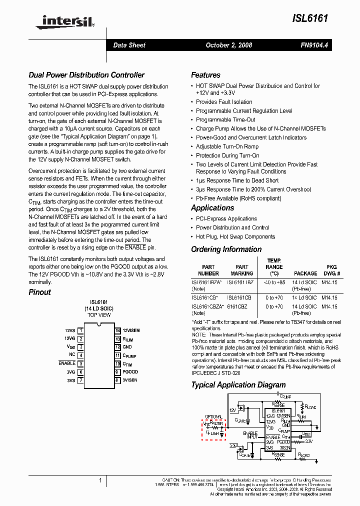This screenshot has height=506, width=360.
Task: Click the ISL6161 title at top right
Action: (x=310, y=18)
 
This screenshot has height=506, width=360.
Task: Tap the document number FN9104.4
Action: (x=314, y=45)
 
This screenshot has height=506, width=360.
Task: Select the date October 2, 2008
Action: (x=229, y=45)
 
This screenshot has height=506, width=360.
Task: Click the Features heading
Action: (x=205, y=75)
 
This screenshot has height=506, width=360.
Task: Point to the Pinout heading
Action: (x=39, y=292)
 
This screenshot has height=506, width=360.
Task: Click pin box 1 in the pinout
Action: (x=80, y=330)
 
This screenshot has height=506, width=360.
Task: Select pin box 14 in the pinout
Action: (x=117, y=330)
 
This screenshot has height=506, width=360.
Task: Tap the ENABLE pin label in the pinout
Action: (x=67, y=363)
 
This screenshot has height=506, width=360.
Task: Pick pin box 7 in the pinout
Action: (x=80, y=380)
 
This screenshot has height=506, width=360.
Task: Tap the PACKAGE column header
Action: (x=305, y=273)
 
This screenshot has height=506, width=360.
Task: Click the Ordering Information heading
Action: (x=226, y=249)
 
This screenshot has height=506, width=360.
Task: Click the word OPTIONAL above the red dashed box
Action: (x=213, y=416)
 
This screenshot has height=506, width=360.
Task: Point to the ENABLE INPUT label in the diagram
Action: (x=250, y=435)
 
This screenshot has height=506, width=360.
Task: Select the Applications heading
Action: (x=212, y=208)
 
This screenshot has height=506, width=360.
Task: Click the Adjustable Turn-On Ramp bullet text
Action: (x=227, y=146)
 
